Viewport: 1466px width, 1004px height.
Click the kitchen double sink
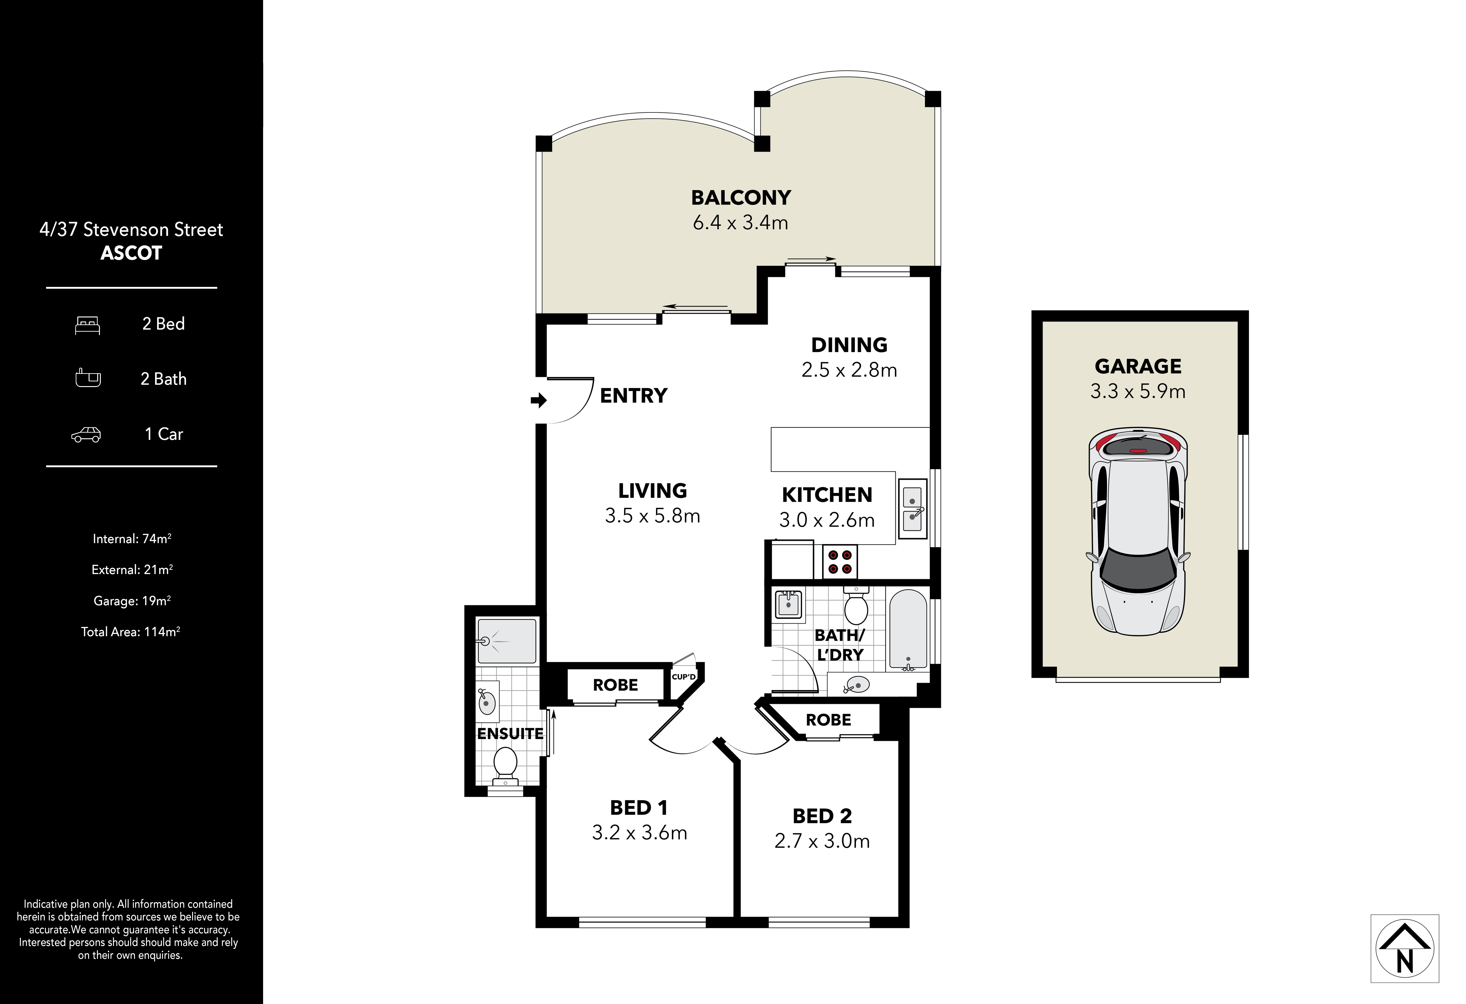coord(912,509)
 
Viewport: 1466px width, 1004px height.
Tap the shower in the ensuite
coord(507,641)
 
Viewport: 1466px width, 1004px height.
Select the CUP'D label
coord(684,677)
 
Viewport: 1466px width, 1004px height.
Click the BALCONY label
coord(741,197)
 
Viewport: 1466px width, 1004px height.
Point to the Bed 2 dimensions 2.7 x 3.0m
coord(822,841)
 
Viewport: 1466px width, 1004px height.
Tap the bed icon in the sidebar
coord(88,325)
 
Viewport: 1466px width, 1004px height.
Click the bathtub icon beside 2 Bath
coord(88,378)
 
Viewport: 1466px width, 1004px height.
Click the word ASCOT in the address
coord(131,253)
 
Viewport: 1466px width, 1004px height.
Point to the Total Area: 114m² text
coord(131,631)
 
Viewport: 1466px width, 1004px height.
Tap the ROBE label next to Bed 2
coord(828,720)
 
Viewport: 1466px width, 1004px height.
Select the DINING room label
coord(849,345)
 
